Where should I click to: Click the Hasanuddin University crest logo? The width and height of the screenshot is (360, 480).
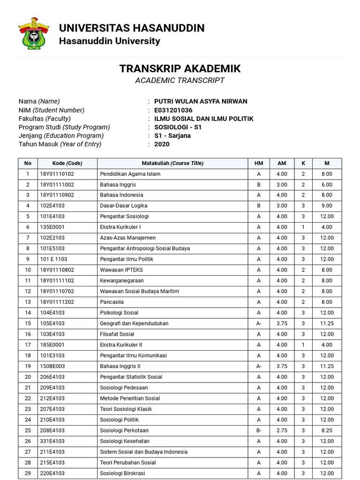coord(33,33)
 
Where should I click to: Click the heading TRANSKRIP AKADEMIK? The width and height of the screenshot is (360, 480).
coord(180,68)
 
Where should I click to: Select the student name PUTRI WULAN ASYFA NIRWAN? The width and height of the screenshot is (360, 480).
coord(200,101)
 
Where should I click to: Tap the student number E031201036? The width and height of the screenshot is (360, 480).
coord(173,110)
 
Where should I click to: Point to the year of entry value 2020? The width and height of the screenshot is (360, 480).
coord(162,144)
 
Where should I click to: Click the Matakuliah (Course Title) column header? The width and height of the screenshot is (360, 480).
coord(172,163)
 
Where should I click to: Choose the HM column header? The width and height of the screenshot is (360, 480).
coord(259,163)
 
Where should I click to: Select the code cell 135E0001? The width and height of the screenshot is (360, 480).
coord(52,227)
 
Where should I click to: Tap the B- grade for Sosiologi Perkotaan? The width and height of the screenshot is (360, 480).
coord(259,430)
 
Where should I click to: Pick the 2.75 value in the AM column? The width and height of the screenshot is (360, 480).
coord(282,430)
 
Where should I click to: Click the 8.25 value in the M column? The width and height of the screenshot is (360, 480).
coord(327,430)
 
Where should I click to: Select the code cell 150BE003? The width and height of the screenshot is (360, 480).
coord(52,366)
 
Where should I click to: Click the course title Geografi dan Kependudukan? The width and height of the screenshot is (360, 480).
coord(134,323)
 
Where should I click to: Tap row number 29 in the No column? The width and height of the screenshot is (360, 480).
coord(28,473)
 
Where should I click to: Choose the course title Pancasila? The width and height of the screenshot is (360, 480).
coord(112,302)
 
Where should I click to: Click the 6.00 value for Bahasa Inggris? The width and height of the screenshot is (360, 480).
coord(327,185)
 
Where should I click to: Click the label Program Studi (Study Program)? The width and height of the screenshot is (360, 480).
coord(64,127)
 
